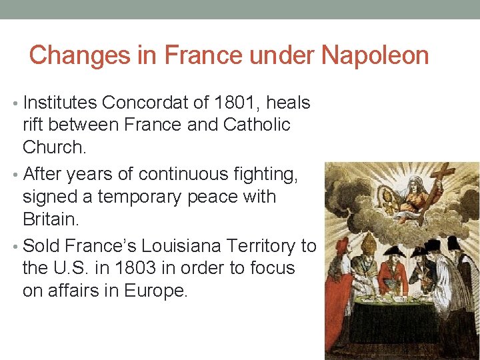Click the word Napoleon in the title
(x=375, y=55)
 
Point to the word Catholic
(x=257, y=125)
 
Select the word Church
(x=55, y=146)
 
